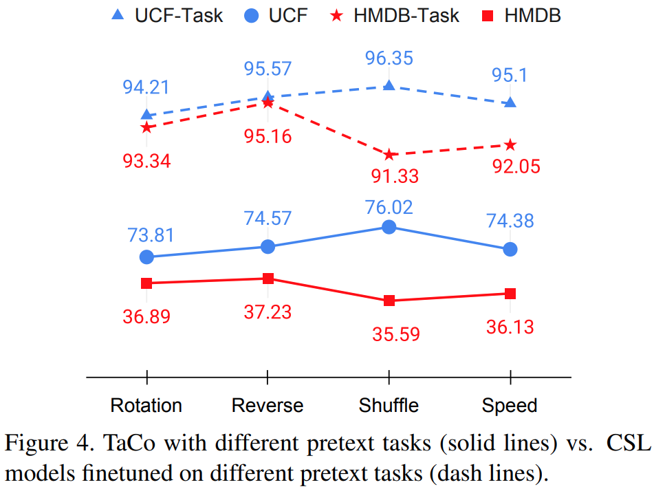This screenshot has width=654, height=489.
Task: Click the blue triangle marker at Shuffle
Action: (x=389, y=85)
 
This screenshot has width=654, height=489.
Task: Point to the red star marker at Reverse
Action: (x=268, y=102)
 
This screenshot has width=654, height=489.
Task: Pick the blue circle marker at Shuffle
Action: (x=389, y=227)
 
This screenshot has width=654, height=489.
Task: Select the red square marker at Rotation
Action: (x=146, y=283)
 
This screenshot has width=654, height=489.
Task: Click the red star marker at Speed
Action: (x=510, y=144)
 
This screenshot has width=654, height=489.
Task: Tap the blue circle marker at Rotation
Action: (x=146, y=257)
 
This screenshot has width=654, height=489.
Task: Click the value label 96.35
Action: (x=389, y=58)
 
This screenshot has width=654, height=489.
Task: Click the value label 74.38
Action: (x=510, y=221)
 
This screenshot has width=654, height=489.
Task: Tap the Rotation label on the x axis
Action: (x=146, y=405)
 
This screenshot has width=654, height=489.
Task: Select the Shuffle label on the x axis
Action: (x=389, y=405)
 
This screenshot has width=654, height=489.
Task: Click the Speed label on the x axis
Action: (x=510, y=405)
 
